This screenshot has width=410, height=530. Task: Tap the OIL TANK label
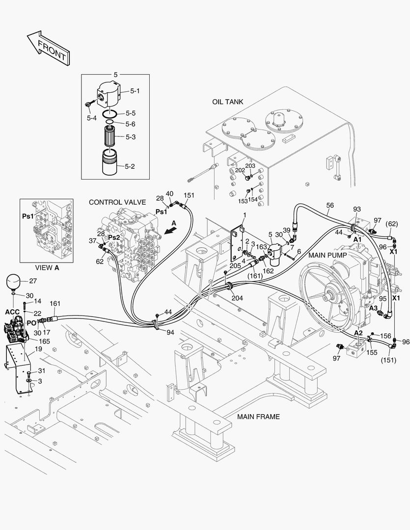coord(227,102)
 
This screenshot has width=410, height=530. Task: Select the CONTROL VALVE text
coord(118,202)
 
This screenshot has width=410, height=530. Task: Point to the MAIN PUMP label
coord(328,255)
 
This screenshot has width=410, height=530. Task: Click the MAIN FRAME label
coord(258,417)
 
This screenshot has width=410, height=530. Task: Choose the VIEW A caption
coord(47,267)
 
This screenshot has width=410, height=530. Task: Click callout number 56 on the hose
coord(330,205)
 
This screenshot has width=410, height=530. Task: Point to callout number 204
coord(237,298)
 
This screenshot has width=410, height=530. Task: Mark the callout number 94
coord(170,332)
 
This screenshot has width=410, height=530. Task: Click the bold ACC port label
coord(12,312)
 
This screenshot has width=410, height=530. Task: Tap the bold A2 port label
coord(359,333)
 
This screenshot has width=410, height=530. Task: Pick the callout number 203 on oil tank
coord(250,166)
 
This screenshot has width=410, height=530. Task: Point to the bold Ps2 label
coord(114,237)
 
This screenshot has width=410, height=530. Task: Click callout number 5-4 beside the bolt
coord(91,118)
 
